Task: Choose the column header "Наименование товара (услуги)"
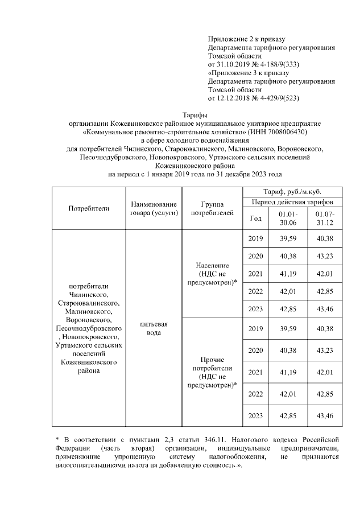[x=154, y=208]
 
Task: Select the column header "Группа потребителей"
[x=212, y=208]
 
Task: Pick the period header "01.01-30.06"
[x=288, y=219]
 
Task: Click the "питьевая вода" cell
[x=154, y=328]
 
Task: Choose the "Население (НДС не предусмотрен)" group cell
[x=212, y=274]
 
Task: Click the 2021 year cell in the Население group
[x=256, y=274]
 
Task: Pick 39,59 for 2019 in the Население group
[x=288, y=239]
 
